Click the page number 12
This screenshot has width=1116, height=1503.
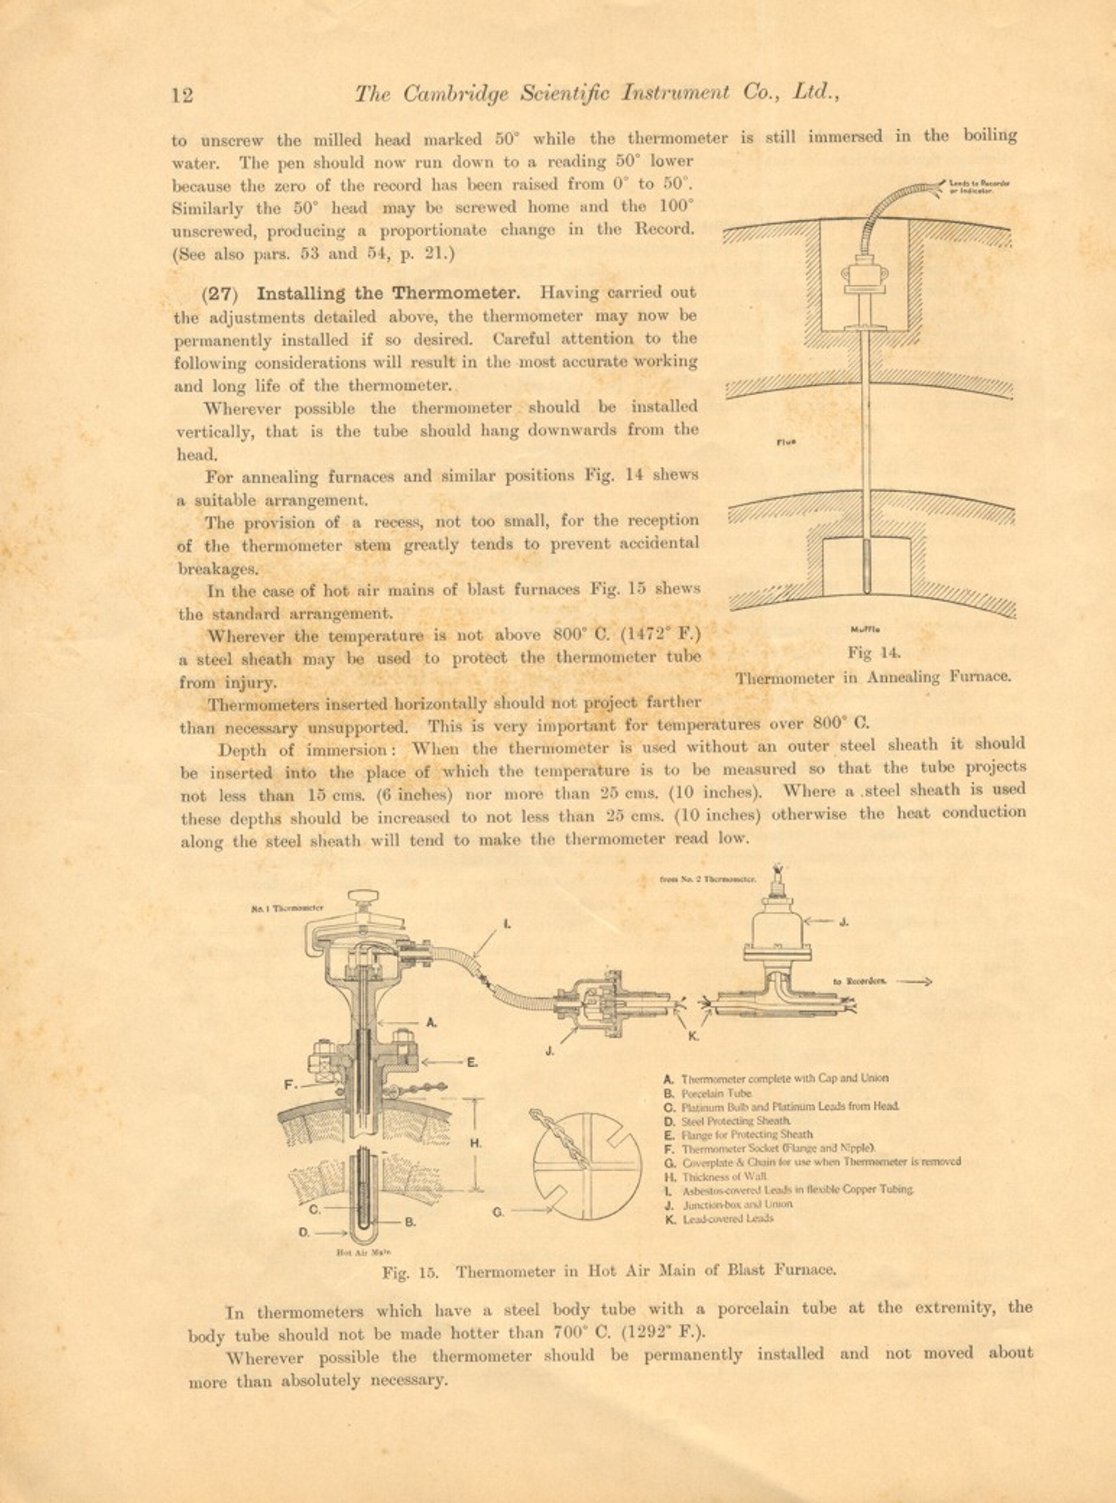[182, 95]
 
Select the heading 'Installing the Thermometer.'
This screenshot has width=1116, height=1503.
[388, 293]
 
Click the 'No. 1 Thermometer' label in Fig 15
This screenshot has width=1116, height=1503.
[287, 908]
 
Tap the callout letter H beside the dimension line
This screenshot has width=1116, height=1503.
[476, 1143]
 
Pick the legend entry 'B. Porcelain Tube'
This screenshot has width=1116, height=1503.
[708, 1093]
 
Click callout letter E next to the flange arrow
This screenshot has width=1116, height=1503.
[471, 1062]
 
